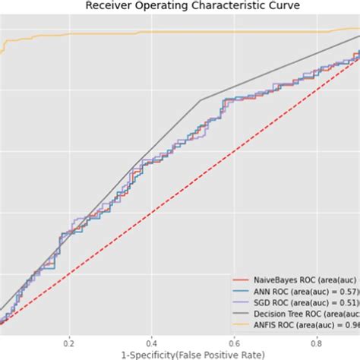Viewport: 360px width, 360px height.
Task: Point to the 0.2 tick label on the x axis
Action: pyautogui.click(x=70, y=341)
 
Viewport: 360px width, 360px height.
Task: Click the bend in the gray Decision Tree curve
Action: pyautogui.click(x=201, y=99)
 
